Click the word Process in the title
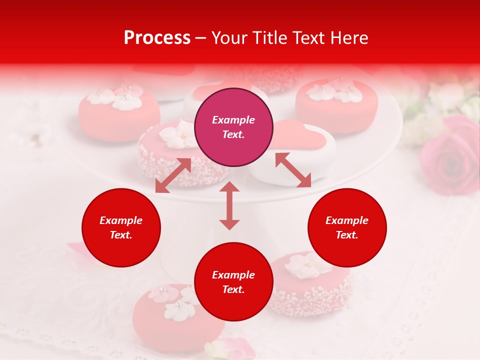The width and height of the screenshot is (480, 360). pos(157,38)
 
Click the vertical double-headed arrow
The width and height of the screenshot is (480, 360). pos(229,205)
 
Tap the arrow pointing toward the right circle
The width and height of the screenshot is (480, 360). pos(293,170)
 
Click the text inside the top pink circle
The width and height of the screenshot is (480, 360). pos(233,127)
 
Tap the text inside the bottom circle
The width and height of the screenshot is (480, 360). pos(233,282)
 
